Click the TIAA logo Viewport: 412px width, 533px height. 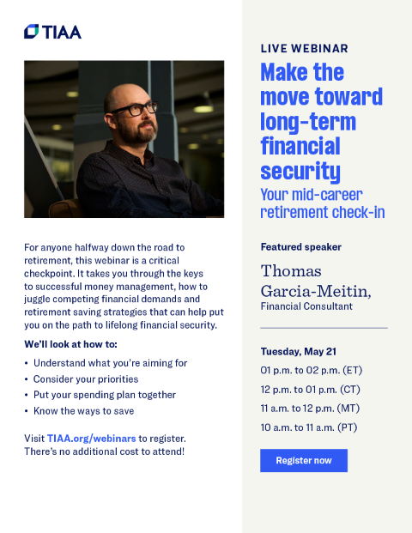pyautogui.click(x=52, y=31)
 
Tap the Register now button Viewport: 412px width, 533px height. pyautogui.click(x=303, y=460)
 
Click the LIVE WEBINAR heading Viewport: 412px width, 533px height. pyautogui.click(x=304, y=49)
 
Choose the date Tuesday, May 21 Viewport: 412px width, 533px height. pyautogui.click(x=299, y=352)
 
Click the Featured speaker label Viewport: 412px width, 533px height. pyautogui.click(x=300, y=247)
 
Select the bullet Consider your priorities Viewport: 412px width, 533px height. pyautogui.click(x=85, y=379)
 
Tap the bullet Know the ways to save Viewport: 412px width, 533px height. pyautogui.click(x=83, y=410)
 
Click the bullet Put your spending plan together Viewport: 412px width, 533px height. pyautogui.click(x=104, y=395)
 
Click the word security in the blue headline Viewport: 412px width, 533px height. pyautogui.click(x=300, y=170)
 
